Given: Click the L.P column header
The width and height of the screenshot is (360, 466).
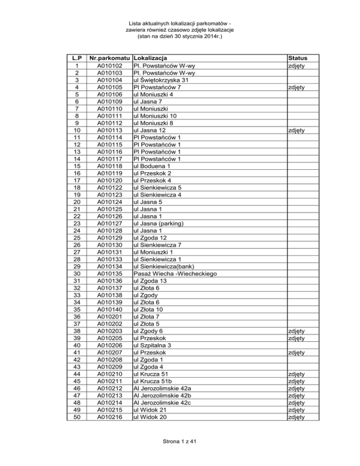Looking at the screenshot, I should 77,59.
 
